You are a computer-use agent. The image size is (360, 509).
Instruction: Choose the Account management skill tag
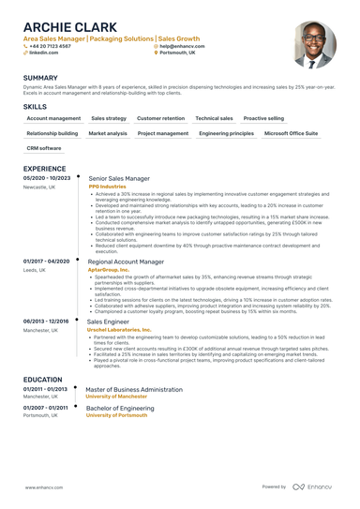click(x=53, y=119)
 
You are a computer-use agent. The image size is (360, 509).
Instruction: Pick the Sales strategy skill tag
click(x=109, y=119)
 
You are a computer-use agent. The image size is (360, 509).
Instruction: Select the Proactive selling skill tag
click(x=263, y=119)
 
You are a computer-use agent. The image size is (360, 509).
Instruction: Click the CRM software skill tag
click(x=44, y=148)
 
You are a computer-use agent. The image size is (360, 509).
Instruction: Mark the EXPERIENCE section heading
click(x=44, y=169)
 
